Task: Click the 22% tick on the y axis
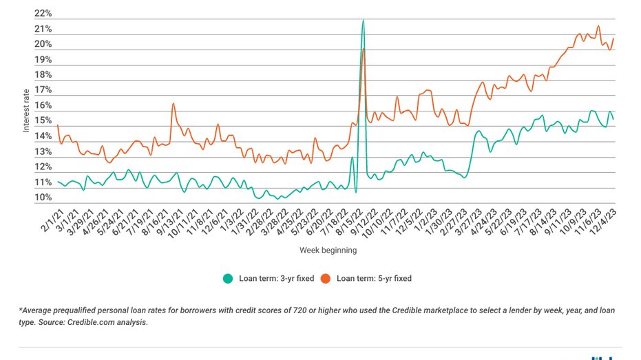[43, 14]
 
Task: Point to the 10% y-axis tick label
[43, 198]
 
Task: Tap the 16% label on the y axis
[43, 106]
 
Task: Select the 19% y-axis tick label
[43, 60]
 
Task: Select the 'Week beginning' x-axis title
[328, 251]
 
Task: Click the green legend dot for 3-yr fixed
[227, 279]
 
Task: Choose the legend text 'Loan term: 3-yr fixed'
[276, 279]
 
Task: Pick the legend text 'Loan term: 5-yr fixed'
[374, 279]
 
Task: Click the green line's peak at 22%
[363, 21]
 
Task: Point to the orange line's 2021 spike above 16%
[173, 104]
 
